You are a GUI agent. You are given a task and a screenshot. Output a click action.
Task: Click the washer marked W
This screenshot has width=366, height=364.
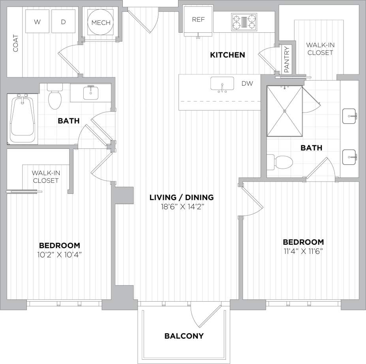pyautogui.click(x=38, y=22)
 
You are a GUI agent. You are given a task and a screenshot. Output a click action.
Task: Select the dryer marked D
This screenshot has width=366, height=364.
pyautogui.click(x=64, y=22)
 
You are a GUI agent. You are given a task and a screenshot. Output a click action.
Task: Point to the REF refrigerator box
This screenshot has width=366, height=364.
pyautogui.click(x=198, y=20)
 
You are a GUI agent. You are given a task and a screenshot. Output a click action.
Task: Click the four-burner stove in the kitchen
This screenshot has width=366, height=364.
pyautogui.click(x=244, y=22)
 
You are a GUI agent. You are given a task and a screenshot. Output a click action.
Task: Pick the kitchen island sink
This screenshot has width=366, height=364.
pyautogui.click(x=222, y=84)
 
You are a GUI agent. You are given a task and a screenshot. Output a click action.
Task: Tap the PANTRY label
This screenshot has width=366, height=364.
pyautogui.click(x=287, y=60)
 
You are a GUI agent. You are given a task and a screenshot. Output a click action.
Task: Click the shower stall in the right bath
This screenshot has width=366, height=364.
pyautogui.click(x=284, y=111)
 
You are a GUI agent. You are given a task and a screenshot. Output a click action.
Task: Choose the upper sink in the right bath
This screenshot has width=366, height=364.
pyautogui.click(x=350, y=116)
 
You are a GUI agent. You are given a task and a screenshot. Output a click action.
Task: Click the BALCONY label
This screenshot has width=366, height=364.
pyautogui.click(x=184, y=336)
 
